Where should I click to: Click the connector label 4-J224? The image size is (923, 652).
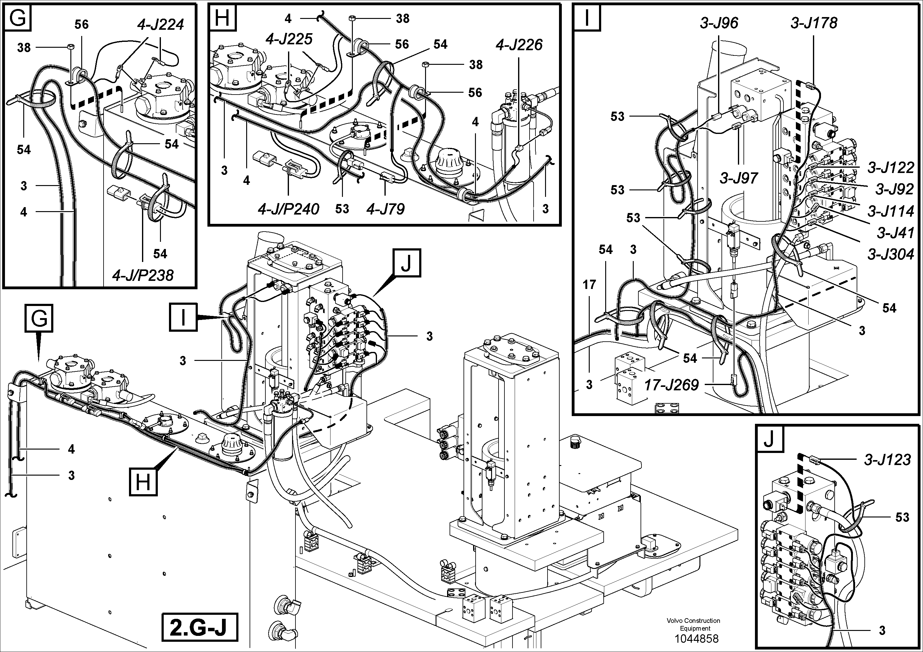point(160,25)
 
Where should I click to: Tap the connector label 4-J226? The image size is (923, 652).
point(519,45)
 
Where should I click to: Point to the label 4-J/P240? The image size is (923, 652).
point(289,209)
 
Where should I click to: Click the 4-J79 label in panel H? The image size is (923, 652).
point(385,209)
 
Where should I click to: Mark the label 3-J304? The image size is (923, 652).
point(890,254)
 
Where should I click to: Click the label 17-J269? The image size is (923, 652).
point(672,385)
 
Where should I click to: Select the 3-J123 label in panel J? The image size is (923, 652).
point(887,459)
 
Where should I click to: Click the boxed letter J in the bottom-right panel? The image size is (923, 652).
point(769,439)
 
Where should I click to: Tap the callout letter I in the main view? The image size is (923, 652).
point(183,317)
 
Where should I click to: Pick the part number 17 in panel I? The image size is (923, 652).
point(589,285)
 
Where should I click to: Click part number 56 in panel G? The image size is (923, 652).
point(81,24)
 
